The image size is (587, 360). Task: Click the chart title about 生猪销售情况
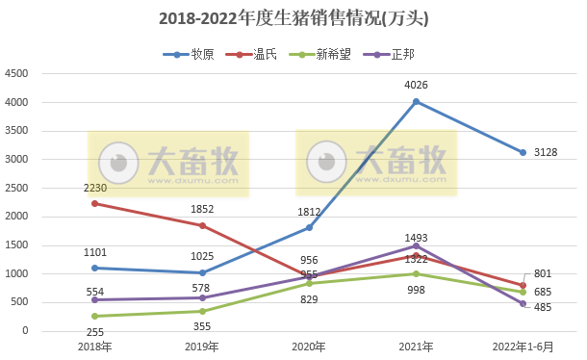[293, 18]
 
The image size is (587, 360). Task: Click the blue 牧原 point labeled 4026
[416, 101]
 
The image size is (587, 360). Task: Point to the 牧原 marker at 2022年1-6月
[523, 152]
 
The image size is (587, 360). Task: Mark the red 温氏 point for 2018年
[94, 203]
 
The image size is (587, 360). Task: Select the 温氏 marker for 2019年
[201, 225]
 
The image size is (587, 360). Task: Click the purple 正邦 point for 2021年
[416, 245]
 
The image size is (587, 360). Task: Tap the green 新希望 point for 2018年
[94, 316]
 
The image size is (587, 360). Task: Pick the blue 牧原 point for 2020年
[309, 227]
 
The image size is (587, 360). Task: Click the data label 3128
[546, 152]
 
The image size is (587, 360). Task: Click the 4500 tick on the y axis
[16, 74]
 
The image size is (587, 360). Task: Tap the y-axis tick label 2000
[16, 217]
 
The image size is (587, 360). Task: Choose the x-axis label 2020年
[309, 347]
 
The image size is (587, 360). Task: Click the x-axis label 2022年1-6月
[523, 347]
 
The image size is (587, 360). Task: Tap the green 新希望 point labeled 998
[416, 273]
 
